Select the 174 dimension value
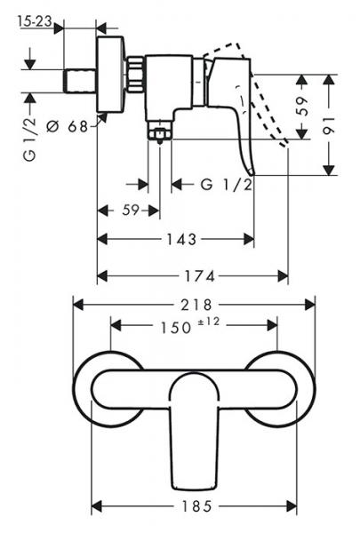193,275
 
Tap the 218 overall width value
195,303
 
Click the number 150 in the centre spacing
177,326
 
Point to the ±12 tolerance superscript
211,322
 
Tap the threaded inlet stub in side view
80,76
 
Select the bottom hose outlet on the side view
160,134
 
